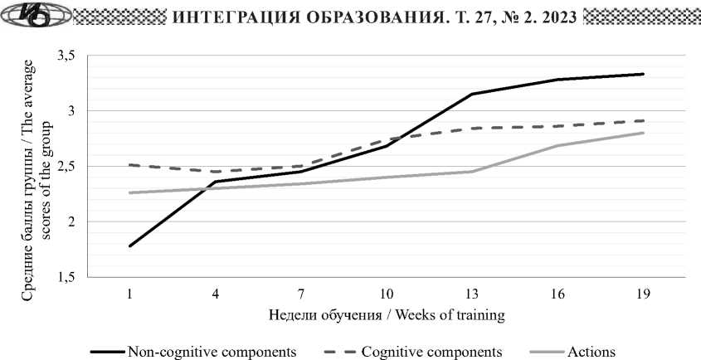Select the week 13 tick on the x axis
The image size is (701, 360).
click(x=471, y=294)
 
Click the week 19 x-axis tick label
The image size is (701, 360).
click(x=642, y=294)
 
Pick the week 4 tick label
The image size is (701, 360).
click(x=216, y=294)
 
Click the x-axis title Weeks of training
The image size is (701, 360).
click(x=387, y=315)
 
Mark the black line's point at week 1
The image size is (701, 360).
click(x=130, y=246)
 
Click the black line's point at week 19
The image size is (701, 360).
click(x=643, y=75)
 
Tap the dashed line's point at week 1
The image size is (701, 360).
click(x=130, y=165)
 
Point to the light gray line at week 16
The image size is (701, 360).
click(x=557, y=146)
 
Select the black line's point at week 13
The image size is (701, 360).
click(x=472, y=95)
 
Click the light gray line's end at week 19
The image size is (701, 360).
click(x=643, y=133)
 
